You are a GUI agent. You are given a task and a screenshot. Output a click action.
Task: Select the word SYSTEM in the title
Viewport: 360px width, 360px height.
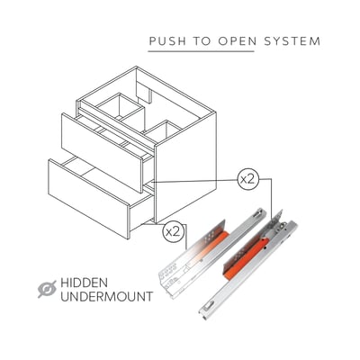292,41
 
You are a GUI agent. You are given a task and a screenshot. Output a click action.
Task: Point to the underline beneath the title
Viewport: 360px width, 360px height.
201,51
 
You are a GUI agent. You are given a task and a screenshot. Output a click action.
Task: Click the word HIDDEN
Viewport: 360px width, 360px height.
84,283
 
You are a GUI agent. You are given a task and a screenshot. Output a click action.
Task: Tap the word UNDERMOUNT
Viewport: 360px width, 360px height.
107,297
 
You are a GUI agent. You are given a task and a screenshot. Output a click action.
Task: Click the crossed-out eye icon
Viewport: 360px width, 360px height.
47,289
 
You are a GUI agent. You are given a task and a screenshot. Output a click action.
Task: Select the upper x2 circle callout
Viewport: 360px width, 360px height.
247,179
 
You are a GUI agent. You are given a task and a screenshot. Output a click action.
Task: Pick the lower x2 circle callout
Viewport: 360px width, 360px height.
173,231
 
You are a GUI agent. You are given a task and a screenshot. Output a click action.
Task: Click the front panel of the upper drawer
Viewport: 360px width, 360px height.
102,152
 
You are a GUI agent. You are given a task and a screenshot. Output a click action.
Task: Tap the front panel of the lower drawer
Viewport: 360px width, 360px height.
89,199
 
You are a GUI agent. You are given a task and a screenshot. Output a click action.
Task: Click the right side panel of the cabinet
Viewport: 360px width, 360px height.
185,166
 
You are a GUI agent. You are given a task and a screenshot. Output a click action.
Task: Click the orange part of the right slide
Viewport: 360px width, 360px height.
242,258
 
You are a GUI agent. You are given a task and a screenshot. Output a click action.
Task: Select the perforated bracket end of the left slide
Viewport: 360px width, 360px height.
170,277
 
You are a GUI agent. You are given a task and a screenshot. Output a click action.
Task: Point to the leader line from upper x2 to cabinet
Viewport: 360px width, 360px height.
195,181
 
